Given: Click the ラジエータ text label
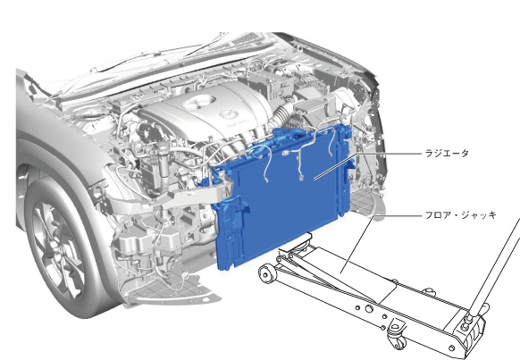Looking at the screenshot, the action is [x=447, y=153].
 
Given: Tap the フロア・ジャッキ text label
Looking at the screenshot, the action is [x=461, y=215].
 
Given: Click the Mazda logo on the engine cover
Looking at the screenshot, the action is [x=229, y=114].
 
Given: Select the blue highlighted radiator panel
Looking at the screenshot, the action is [x=281, y=196].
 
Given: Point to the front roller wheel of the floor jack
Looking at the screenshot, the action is [x=266, y=274].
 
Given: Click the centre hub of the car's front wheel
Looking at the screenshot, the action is [x=57, y=252].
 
